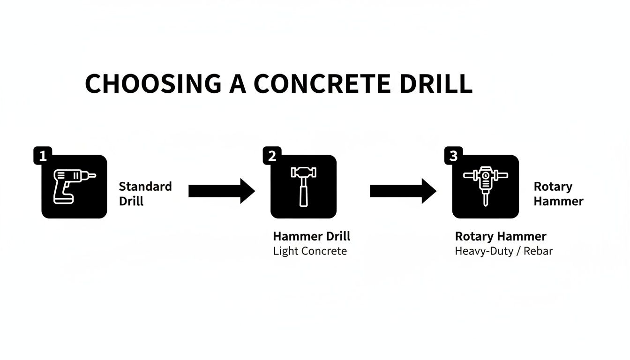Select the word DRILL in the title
tap(434, 84)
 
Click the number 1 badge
tap(42, 156)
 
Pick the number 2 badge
tap(271, 156)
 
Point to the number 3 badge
tap(453, 156)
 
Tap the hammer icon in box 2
tap(303, 187)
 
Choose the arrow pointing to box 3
tap(403, 191)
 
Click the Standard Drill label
tap(145, 194)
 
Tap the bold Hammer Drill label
tap(311, 236)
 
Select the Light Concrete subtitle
tap(310, 251)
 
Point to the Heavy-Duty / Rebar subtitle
tap(503, 251)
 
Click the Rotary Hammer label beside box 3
tap(558, 194)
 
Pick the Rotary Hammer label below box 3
tap(500, 236)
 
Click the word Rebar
tap(538, 251)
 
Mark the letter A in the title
tap(238, 84)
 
